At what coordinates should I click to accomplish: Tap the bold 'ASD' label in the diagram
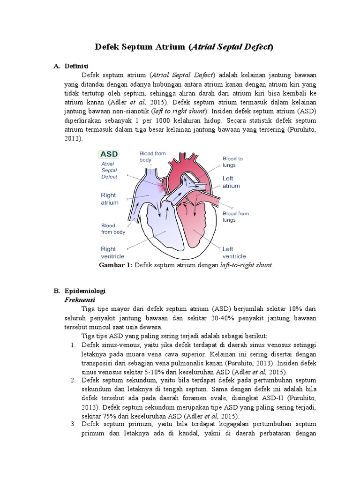[108, 153]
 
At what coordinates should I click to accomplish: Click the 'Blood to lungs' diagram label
[232, 162]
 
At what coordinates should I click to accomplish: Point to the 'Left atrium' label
[231, 182]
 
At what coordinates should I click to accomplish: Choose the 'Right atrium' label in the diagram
[110, 199]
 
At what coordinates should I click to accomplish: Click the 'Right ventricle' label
[112, 253]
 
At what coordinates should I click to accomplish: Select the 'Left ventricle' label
[234, 253]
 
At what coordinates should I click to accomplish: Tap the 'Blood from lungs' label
[235, 216]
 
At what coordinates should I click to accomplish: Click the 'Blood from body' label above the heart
[152, 156]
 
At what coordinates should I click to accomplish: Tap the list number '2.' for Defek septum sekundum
[73, 380]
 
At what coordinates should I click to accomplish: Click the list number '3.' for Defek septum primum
[73, 424]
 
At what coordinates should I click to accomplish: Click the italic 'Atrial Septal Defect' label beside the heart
[111, 171]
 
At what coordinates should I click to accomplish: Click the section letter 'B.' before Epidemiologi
[57, 291]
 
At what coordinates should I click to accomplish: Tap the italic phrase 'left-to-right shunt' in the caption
[246, 265]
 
